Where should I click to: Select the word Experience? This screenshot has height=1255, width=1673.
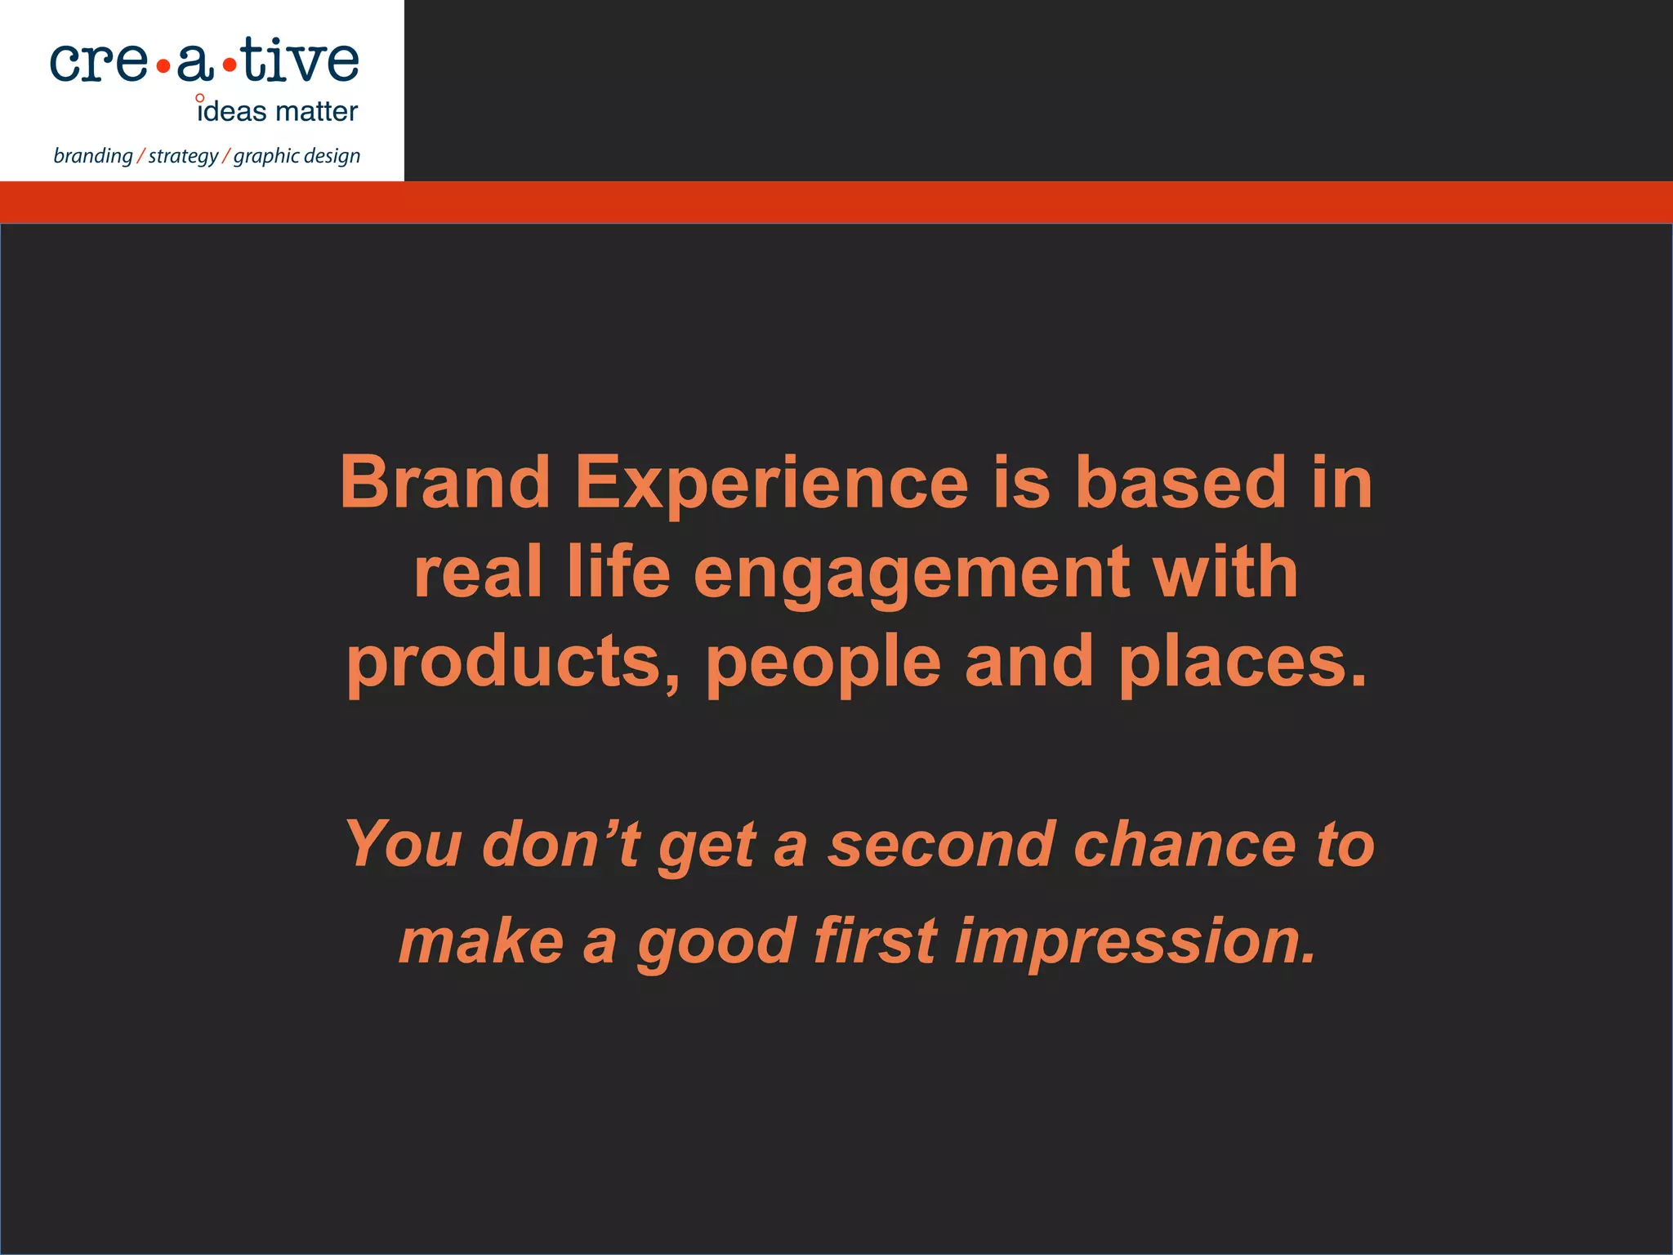click(x=772, y=484)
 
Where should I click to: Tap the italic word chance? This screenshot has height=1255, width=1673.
click(x=1184, y=844)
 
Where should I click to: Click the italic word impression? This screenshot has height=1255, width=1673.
click(x=1135, y=942)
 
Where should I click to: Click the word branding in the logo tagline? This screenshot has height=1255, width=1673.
click(x=92, y=156)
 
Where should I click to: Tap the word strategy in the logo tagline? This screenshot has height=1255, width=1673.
click(x=183, y=156)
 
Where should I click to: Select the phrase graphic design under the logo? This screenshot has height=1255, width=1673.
click(x=297, y=156)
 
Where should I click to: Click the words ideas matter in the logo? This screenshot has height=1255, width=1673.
click(x=278, y=111)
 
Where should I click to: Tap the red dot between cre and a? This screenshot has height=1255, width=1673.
click(x=163, y=68)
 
